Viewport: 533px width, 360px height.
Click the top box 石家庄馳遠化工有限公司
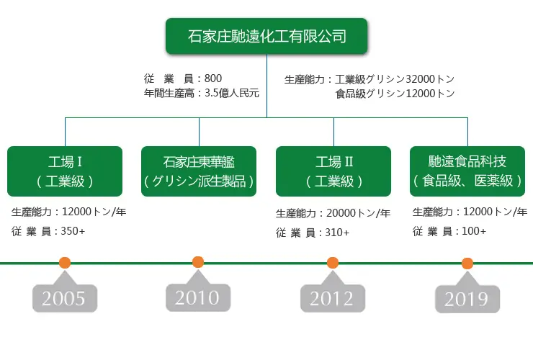(266, 36)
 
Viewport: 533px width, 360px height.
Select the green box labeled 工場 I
(65, 171)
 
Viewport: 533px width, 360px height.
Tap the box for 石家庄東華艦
(199, 171)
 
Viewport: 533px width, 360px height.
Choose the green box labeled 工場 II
(333, 171)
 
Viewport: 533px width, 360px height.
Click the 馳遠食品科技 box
(467, 171)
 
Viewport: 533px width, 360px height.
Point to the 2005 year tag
(65, 298)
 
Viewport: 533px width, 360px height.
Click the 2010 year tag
(198, 297)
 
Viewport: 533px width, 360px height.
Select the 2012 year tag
(333, 298)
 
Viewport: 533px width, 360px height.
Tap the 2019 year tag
(467, 299)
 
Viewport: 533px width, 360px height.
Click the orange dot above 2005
(65, 263)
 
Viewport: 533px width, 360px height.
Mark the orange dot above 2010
(198, 262)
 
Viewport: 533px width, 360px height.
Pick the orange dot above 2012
(333, 263)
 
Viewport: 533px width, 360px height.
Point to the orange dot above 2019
(467, 263)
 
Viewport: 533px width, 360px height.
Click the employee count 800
(213, 78)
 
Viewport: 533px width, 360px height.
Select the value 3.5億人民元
(232, 93)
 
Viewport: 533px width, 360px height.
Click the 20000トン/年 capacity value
(358, 213)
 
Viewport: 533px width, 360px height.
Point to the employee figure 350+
(73, 231)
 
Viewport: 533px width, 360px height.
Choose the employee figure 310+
(337, 233)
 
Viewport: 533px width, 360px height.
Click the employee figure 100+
(474, 231)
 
